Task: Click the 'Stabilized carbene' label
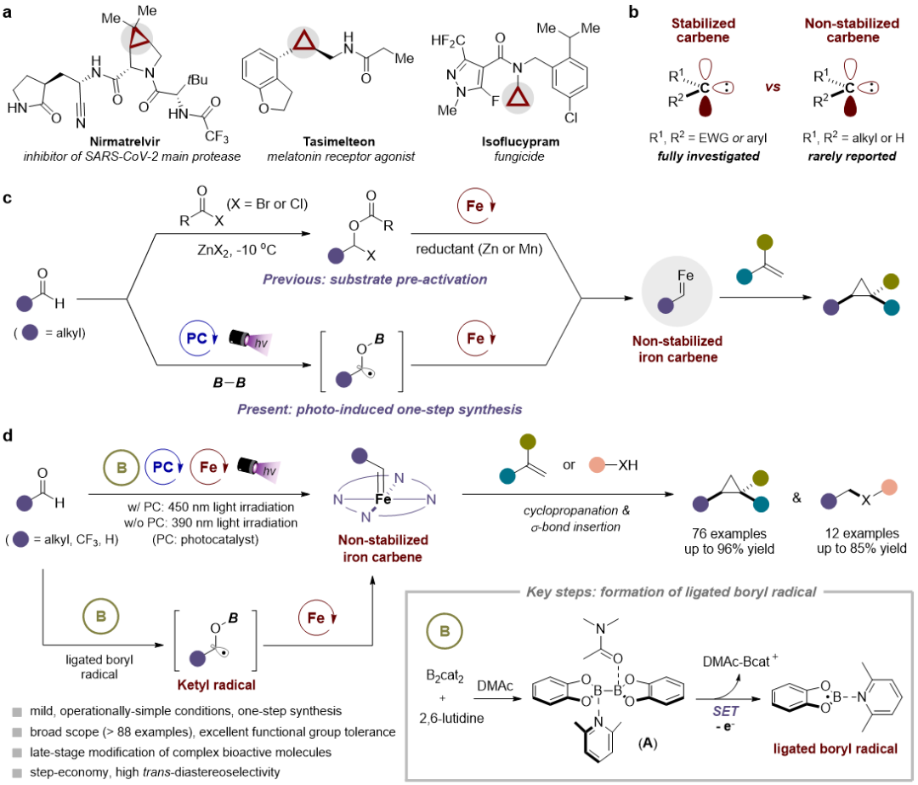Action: [x=703, y=30]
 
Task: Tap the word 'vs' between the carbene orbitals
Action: [x=772, y=87]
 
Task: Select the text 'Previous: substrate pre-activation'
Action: [x=375, y=279]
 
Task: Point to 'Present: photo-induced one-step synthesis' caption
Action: [x=379, y=409]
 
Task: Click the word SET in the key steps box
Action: [x=725, y=711]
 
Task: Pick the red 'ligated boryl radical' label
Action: [x=835, y=749]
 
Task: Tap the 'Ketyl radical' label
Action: [x=217, y=685]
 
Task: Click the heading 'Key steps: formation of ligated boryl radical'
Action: [x=671, y=592]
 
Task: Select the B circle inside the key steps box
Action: [x=444, y=631]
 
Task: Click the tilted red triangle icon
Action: [x=137, y=38]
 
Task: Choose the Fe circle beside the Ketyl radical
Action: [x=316, y=617]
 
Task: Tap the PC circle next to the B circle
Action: [x=163, y=467]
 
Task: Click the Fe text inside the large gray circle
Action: [x=685, y=276]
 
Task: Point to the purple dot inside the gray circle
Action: [x=666, y=305]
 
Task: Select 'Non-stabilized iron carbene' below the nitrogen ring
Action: [x=382, y=549]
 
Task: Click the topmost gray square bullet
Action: [x=16, y=711]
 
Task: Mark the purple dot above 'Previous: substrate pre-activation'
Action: [x=336, y=255]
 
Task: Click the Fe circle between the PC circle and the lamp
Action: [x=208, y=467]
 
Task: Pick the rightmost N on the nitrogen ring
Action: [x=431, y=499]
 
